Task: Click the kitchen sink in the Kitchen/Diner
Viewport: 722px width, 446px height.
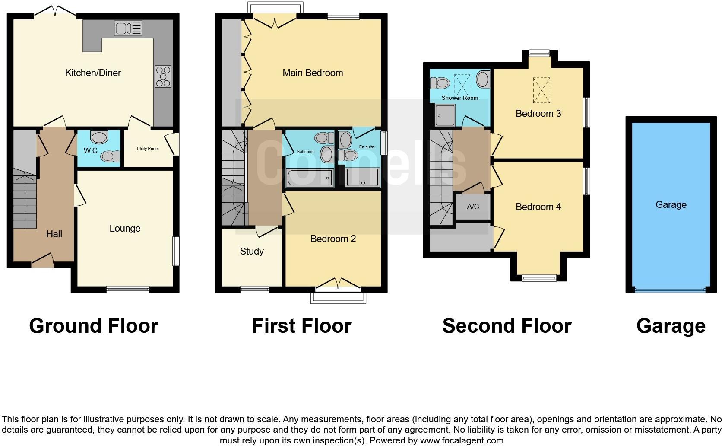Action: (x=128, y=29)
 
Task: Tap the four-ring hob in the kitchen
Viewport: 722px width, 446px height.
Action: (x=163, y=76)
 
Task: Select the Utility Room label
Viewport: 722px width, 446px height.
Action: (x=148, y=149)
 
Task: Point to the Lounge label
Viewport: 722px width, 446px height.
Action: (x=125, y=229)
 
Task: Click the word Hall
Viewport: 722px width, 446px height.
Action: (x=54, y=234)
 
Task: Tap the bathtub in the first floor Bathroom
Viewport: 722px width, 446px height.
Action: (x=310, y=178)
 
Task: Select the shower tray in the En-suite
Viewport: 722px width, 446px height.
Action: (x=363, y=178)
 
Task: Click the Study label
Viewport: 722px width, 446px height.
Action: (x=252, y=252)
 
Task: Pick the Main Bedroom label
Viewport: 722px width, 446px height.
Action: (x=313, y=73)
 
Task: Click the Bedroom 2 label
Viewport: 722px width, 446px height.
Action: (x=333, y=239)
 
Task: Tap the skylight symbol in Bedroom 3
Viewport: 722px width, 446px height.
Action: (x=541, y=90)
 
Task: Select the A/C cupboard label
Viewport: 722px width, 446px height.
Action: (x=473, y=207)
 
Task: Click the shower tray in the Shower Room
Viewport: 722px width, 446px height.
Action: (x=445, y=115)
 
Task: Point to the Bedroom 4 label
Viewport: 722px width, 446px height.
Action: (x=538, y=207)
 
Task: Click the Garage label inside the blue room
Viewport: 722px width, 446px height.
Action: (x=671, y=205)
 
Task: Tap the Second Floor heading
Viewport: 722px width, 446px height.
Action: (x=507, y=326)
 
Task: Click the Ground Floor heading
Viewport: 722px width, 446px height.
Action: (x=94, y=326)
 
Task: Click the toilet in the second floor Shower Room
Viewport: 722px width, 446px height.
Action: (x=441, y=82)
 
